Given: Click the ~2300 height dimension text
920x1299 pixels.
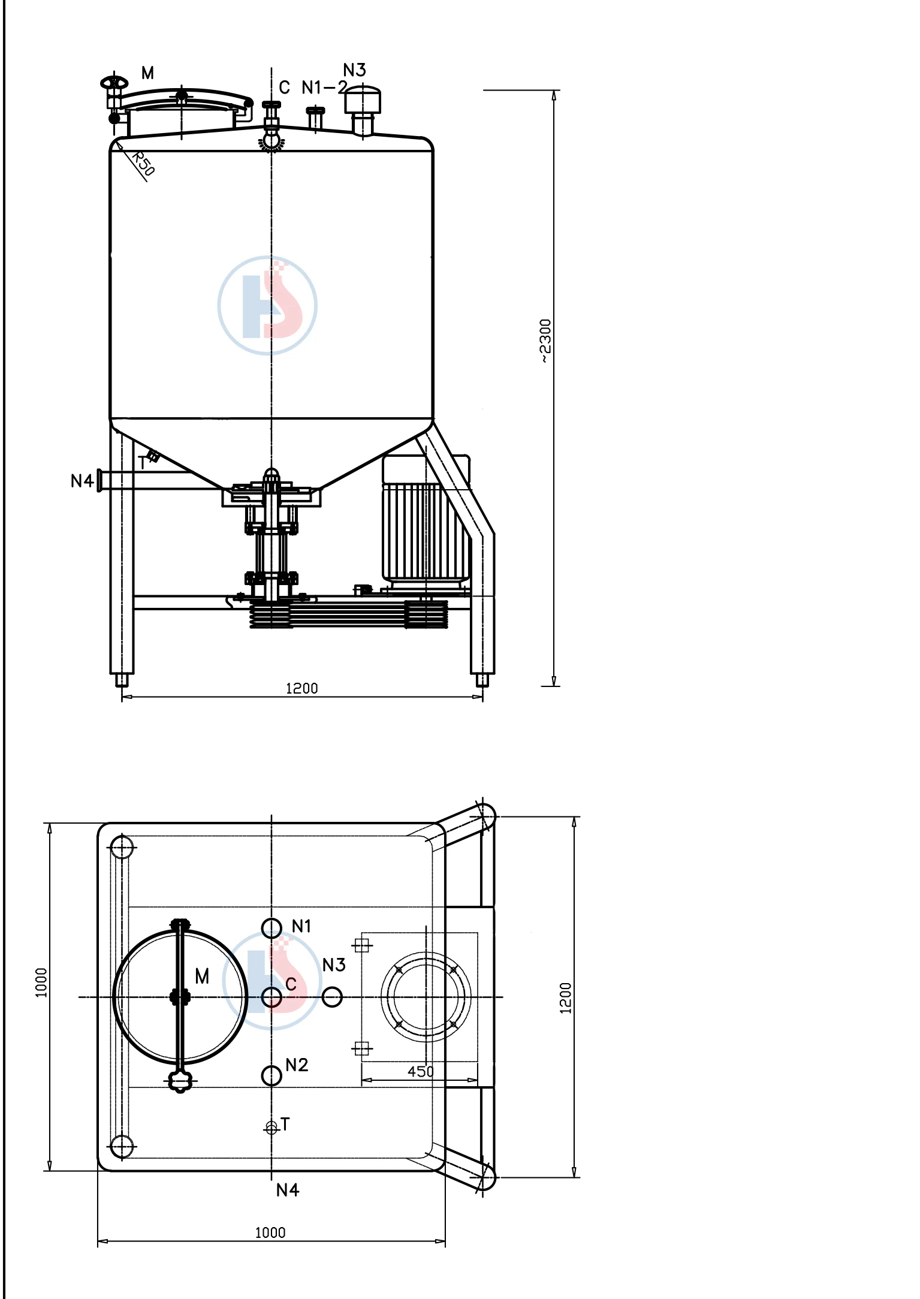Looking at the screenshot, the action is point(545,340).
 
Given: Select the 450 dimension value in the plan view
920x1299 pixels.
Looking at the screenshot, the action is point(420,1071).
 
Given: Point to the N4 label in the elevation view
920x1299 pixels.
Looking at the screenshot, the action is point(82,481).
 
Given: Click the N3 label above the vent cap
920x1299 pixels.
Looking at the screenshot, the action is point(354,70).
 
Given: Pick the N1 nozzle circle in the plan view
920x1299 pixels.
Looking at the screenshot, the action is point(272,928).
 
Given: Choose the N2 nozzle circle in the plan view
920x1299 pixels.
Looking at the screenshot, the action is point(272,1075).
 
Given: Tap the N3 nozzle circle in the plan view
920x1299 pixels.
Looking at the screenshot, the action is point(332,997).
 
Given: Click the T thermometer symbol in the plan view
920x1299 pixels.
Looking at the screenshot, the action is point(272,1128).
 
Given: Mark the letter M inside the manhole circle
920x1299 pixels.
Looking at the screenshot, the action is point(202,976).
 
